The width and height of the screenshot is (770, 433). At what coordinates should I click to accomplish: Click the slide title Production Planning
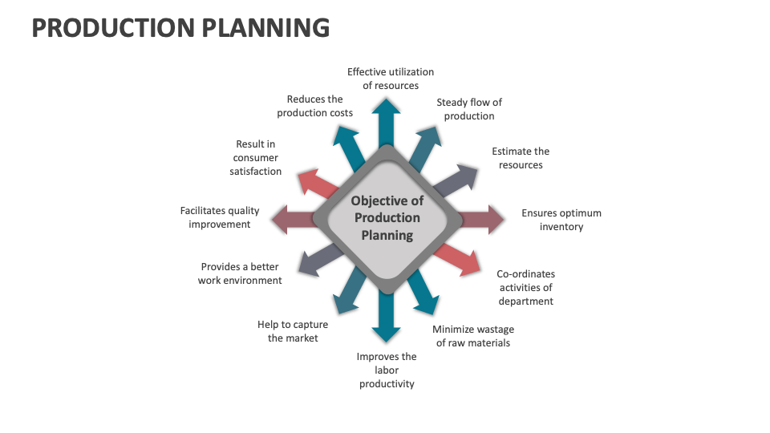[x=180, y=27]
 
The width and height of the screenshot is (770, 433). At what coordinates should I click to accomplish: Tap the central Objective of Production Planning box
[x=387, y=218]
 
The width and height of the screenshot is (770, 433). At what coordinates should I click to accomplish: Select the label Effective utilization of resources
[x=391, y=79]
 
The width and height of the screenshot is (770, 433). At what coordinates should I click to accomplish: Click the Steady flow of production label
[x=469, y=109]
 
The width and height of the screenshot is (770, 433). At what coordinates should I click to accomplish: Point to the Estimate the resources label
[x=521, y=158]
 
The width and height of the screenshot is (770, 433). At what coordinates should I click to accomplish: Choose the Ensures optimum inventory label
[x=561, y=220]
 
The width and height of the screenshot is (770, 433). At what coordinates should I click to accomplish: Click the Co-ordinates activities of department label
[x=525, y=287]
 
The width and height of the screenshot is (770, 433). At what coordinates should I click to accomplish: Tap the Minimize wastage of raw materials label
[x=473, y=336]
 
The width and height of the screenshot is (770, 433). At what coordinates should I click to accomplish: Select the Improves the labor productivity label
[x=387, y=370]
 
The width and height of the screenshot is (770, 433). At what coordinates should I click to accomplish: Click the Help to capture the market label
[x=293, y=331]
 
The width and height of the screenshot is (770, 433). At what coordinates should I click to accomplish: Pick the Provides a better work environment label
[x=240, y=273]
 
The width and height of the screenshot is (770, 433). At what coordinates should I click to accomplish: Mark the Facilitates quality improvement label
[x=220, y=217]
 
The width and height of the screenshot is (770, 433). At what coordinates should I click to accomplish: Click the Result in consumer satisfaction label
[x=256, y=158]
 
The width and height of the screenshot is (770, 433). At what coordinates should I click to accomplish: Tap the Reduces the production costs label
[x=315, y=106]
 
